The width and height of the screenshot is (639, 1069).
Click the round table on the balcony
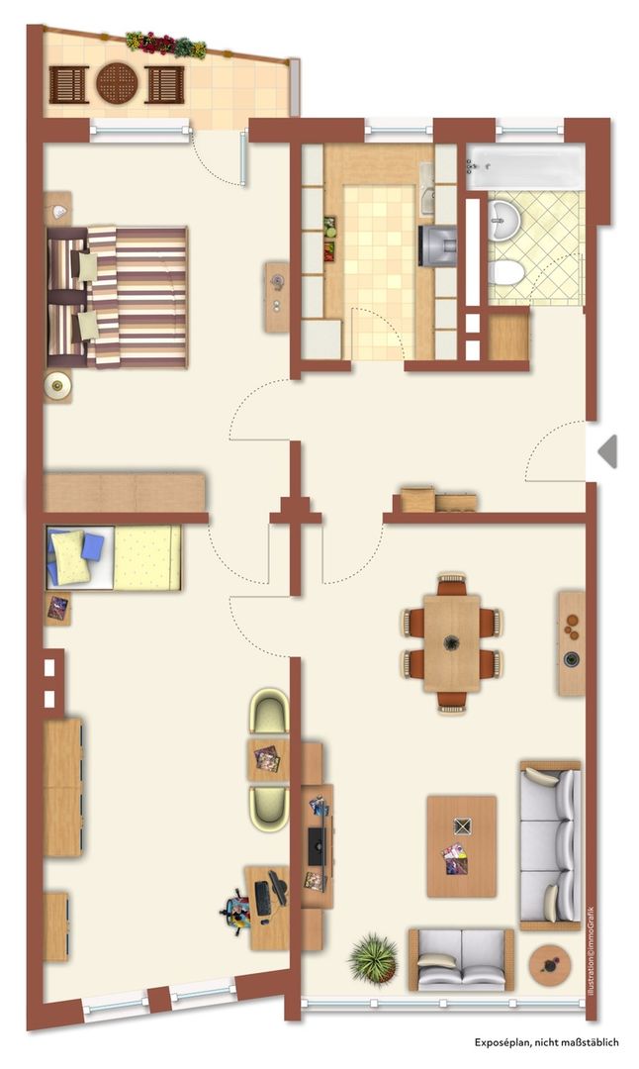coord(117,83)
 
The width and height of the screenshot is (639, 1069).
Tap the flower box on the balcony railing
coord(165,44)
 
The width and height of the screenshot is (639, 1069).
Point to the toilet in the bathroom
coord(506,273)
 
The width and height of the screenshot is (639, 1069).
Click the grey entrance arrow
coord(607,451)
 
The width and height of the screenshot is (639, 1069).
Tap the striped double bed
coord(117,297)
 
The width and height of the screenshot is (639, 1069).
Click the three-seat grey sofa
coord(550,845)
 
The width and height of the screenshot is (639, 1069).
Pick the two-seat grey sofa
coord(461,959)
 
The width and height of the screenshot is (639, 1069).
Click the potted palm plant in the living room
coord(374,958)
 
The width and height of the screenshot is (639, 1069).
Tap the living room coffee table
coord(461,846)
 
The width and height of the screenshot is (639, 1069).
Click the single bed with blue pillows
coord(113,557)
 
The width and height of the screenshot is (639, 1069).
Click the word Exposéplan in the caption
coord(502,1041)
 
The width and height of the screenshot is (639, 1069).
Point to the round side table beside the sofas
coord(549,964)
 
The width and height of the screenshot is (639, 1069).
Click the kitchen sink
coord(427,190)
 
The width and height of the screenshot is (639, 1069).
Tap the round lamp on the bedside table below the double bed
coord(58,387)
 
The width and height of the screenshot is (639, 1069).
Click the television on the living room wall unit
coord(316,845)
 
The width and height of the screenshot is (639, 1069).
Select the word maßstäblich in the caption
coord(592,1041)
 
